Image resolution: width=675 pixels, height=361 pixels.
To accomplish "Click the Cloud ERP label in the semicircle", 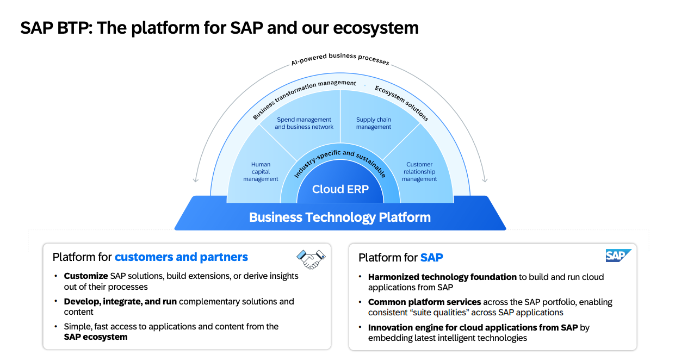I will click(340, 189).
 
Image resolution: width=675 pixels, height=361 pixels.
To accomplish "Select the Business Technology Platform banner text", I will click(340, 217).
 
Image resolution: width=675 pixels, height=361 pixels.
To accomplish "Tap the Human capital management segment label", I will click(261, 172).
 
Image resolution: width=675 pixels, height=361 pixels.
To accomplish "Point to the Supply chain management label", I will click(374, 123).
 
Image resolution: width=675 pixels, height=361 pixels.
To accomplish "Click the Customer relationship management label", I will click(419, 172).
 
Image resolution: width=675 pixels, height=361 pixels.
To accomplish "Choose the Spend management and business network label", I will click(304, 123).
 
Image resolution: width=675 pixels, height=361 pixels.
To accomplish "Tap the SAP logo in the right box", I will click(618, 256).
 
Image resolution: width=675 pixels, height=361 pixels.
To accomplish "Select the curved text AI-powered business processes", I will click(340, 58).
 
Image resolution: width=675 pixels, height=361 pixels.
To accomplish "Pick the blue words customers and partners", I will click(181, 257).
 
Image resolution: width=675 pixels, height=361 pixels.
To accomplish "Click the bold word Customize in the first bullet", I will click(86, 276).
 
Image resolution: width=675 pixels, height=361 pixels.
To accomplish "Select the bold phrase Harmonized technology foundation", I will click(442, 277).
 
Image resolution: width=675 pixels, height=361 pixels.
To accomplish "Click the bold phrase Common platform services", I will click(424, 302).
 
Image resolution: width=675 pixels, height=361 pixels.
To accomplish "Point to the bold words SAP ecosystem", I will click(96, 337).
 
